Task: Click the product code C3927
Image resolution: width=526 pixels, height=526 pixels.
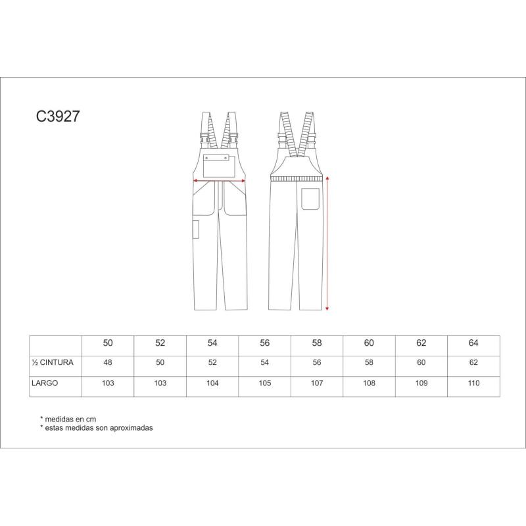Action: [58, 116]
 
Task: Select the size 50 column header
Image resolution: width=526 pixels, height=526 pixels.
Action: [108, 343]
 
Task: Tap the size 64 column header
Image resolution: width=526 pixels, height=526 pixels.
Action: [473, 343]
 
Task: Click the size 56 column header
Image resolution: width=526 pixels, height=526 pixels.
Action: [265, 343]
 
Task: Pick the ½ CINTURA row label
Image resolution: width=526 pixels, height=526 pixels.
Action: [53, 362]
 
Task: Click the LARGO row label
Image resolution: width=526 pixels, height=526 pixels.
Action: [45, 383]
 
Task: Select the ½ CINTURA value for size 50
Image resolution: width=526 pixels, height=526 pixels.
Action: [108, 362]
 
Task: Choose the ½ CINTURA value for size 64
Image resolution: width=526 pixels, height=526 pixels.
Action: [473, 362]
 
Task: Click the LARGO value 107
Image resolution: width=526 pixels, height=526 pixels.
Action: [317, 383]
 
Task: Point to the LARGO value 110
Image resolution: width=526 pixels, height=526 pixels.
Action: [473, 383]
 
